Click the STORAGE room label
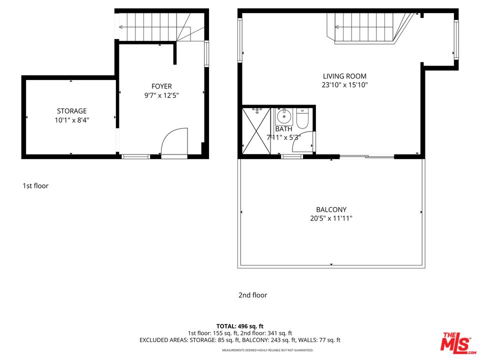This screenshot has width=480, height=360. [x=71, y=111]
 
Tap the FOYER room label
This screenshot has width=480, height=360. [x=161, y=86]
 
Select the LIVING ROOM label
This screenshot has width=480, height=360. [x=344, y=76]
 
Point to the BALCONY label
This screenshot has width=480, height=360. [x=331, y=210]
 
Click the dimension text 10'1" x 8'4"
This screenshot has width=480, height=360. [x=71, y=120]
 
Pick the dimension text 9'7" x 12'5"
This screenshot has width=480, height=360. [x=161, y=95]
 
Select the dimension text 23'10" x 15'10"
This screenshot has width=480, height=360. [x=344, y=85]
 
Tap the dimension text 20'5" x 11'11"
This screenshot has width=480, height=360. [x=331, y=218]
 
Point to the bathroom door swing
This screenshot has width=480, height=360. [x=305, y=141]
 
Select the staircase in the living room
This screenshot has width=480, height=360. [x=367, y=27]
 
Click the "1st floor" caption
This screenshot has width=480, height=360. [x=35, y=186]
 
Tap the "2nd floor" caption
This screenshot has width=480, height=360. [x=252, y=295]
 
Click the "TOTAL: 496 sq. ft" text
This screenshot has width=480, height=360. [x=239, y=325]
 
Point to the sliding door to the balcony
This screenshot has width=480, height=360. [x=367, y=157]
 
